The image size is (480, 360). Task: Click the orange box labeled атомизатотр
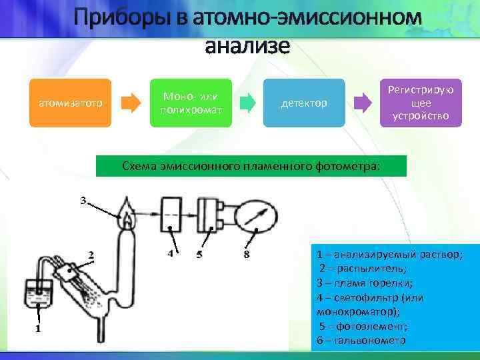point(66,103)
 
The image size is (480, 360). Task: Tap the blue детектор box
point(304,103)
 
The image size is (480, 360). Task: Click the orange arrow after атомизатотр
point(131,103)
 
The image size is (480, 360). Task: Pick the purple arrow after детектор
point(363,103)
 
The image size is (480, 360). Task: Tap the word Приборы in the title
point(127,17)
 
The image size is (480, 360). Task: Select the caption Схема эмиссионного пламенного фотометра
point(251,165)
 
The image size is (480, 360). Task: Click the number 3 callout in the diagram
point(83,200)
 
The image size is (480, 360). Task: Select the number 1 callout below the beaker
point(38,328)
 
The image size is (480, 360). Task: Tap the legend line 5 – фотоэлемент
point(365,326)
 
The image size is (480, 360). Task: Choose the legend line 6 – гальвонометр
point(362,341)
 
